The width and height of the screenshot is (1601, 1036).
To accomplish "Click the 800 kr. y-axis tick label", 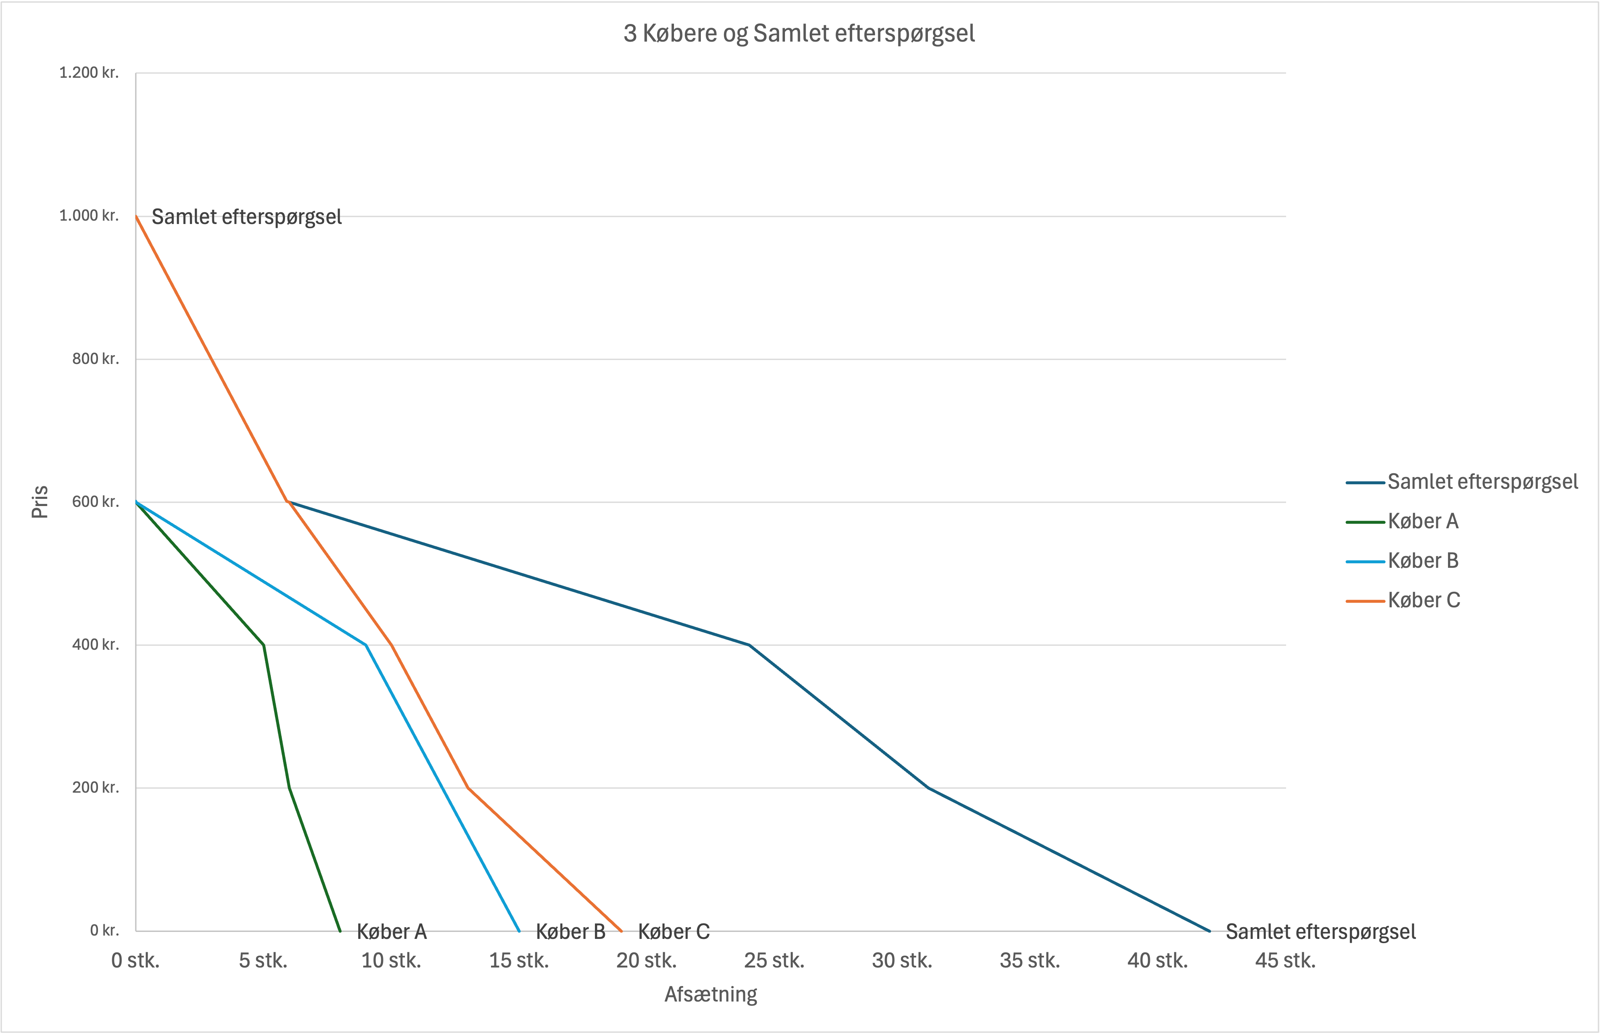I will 95,359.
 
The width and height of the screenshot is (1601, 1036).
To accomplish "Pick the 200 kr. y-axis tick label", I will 95,787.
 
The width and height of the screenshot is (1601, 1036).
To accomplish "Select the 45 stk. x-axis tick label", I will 1285,961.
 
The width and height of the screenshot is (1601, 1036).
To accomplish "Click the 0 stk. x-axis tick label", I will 135,961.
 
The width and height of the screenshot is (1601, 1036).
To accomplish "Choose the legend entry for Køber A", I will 1422,522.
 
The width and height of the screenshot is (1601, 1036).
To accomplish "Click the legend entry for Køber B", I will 1422,561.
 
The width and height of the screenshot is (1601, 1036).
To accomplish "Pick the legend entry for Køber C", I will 1424,600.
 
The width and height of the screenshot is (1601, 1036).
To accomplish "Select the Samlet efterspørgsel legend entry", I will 1482,482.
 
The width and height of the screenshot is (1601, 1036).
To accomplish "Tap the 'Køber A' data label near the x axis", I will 391,932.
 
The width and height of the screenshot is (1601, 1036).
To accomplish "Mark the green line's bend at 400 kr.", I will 264,645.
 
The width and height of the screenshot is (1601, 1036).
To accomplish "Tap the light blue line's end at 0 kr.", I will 519,931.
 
